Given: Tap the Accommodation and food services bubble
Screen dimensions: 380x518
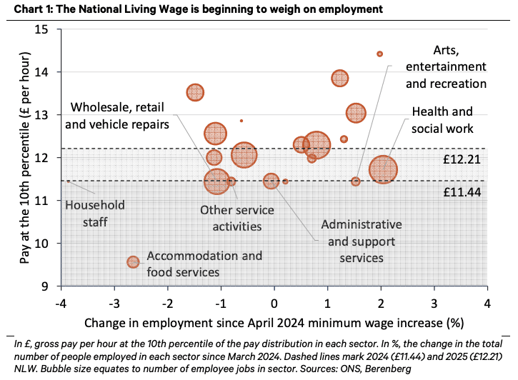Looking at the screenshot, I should (x=133, y=262).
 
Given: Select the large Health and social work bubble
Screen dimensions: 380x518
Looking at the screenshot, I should (x=384, y=170).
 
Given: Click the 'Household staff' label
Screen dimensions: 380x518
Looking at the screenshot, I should (x=94, y=214).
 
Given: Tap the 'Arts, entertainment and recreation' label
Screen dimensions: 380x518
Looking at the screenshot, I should (x=446, y=67).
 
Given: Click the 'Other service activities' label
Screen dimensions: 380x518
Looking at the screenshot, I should (x=230, y=218).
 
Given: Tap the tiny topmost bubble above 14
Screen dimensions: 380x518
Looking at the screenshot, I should (x=380, y=54).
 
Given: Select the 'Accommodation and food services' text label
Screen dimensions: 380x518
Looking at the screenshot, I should (x=204, y=263).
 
